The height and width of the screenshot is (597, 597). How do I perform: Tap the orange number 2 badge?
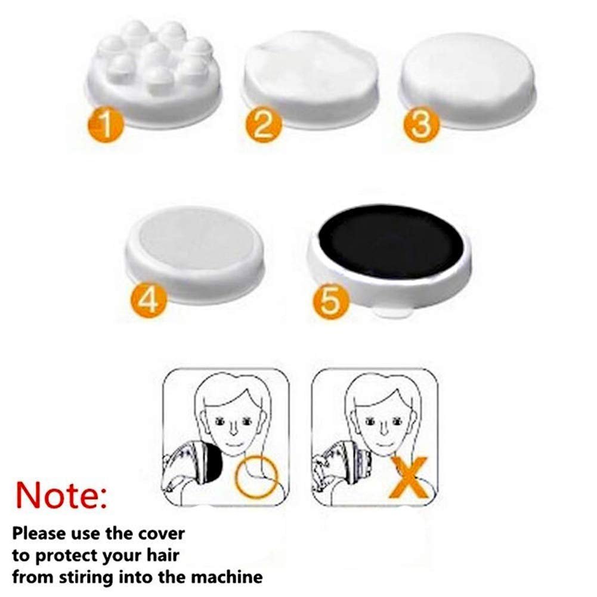(264, 124)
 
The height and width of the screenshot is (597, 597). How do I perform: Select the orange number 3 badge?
(422, 124)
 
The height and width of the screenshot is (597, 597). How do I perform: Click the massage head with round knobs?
(154, 72)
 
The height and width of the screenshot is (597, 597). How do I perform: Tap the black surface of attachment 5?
(392, 242)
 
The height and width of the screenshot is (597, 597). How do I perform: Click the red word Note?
(61, 494)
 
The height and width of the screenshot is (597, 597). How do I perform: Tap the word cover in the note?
(161, 534)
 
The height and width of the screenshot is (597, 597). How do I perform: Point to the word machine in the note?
(227, 577)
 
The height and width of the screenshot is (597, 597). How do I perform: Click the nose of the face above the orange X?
(383, 428)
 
